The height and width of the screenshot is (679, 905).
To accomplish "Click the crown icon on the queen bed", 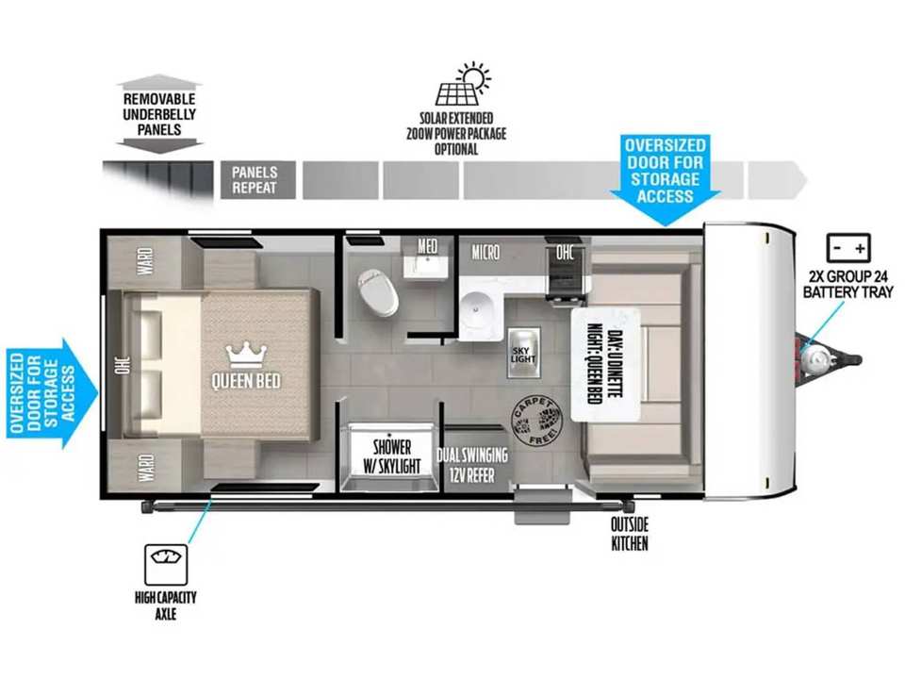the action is (x=246, y=356).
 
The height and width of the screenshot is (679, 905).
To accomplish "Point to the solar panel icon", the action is (x=462, y=85).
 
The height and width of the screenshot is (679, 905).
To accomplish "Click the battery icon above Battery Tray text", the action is (x=848, y=249).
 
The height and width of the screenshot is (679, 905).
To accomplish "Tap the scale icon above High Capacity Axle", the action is (x=166, y=564).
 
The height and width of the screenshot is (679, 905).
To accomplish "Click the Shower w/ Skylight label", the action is (x=392, y=456).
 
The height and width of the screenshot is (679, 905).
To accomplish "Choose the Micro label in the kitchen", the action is (x=485, y=253).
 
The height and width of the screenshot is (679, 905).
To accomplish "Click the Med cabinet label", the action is (x=427, y=246).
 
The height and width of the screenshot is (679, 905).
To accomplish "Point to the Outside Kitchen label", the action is (x=630, y=534).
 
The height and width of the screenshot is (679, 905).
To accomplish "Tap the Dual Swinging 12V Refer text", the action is (x=472, y=465).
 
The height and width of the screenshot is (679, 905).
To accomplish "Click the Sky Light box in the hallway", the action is (x=523, y=354).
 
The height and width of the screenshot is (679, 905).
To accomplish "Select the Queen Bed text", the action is (x=246, y=381).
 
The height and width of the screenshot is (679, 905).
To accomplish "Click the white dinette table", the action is (x=605, y=365).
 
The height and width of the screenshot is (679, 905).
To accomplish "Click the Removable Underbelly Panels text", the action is (x=159, y=114).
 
